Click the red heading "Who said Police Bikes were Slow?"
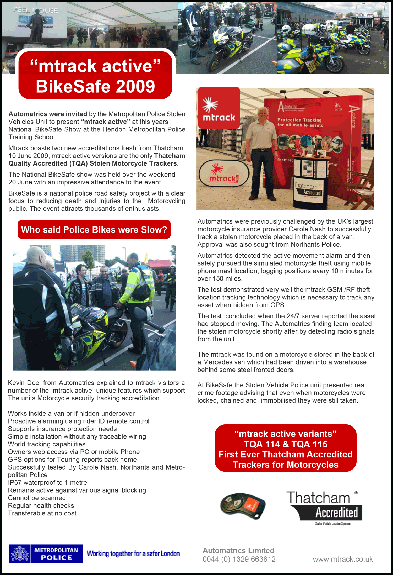(x=94, y=230)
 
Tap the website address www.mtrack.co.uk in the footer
(x=343, y=559)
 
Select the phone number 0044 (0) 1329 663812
(x=239, y=559)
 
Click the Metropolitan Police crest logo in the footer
(x=20, y=554)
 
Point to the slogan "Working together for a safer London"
(x=133, y=553)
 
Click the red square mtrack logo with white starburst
(x=219, y=108)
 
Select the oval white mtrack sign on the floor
(x=223, y=173)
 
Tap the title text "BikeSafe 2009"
(x=95, y=86)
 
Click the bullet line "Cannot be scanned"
(x=37, y=498)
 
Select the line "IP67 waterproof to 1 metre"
(x=47, y=482)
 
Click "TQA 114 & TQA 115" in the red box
(x=286, y=444)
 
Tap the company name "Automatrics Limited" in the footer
(x=238, y=550)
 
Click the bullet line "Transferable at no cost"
(x=42, y=513)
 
